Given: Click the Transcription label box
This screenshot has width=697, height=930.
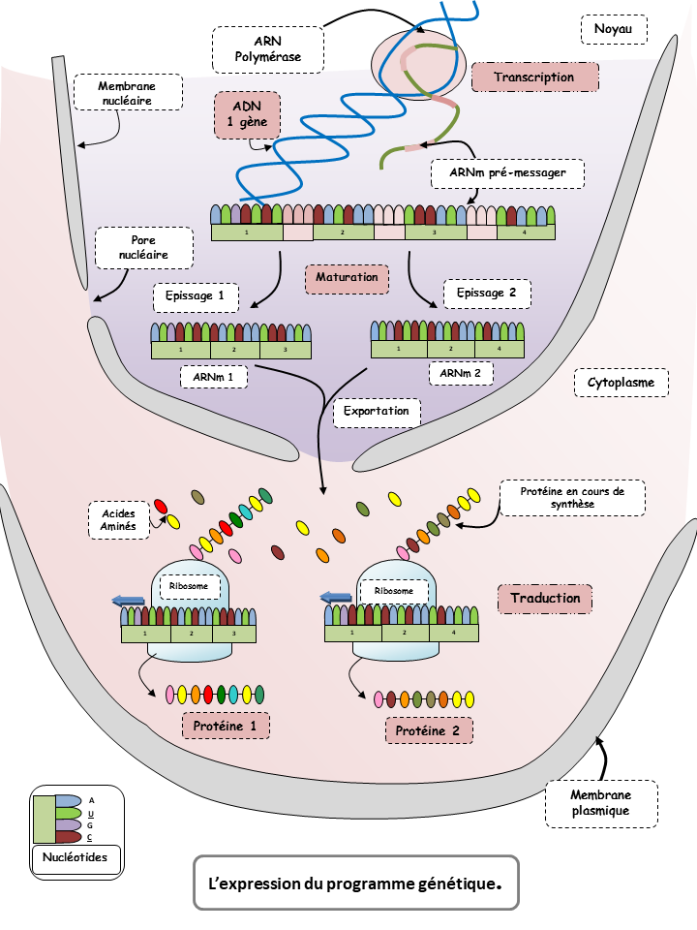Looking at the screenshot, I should tap(533, 77).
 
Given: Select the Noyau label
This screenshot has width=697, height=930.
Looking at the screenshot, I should tap(613, 30).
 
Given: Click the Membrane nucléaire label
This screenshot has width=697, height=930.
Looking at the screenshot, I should tap(126, 93).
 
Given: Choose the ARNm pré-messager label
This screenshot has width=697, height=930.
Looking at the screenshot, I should tap(507, 174).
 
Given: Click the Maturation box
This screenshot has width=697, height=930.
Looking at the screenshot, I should tap(347, 278).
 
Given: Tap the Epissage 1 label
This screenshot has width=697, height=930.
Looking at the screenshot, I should tap(195, 294).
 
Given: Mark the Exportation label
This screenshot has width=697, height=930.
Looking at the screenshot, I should tap(377, 412).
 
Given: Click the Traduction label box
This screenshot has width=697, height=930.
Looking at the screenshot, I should tap(545, 599).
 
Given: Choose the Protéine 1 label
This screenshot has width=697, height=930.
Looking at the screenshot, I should tap(225, 726).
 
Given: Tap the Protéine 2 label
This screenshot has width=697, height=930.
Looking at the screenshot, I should tap(430, 730).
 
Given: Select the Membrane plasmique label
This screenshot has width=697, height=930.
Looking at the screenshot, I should tap(601, 803).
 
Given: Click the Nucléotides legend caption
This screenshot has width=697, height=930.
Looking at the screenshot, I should tap(76, 857).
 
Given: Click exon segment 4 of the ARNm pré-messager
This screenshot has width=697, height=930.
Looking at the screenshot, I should tap(527, 232).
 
